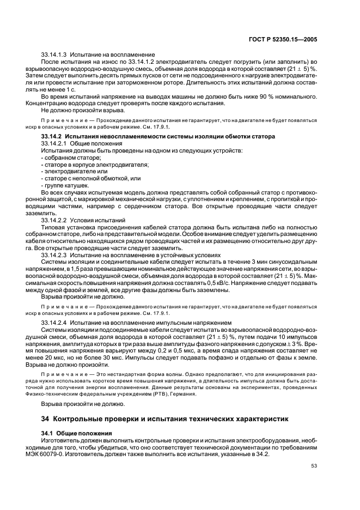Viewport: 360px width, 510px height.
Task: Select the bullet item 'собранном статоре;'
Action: tap(70, 157)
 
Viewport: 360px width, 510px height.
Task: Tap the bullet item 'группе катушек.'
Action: tap(66, 185)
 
